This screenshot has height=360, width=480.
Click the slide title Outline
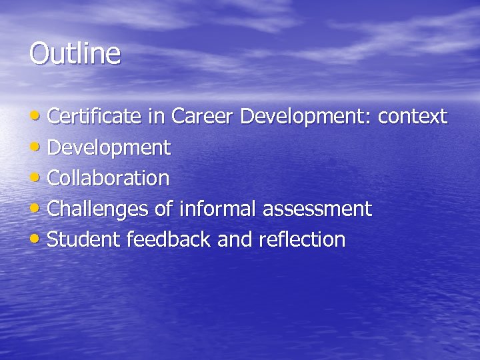(x=75, y=53)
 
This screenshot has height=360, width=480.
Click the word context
(x=413, y=117)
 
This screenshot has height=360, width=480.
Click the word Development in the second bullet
(x=109, y=149)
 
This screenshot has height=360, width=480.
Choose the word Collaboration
(x=109, y=178)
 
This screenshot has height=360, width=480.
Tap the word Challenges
(x=99, y=209)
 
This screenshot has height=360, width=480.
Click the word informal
(x=219, y=209)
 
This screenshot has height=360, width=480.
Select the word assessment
(x=317, y=210)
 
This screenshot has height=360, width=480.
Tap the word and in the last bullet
(x=234, y=239)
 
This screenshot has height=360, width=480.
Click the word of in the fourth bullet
(x=164, y=209)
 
